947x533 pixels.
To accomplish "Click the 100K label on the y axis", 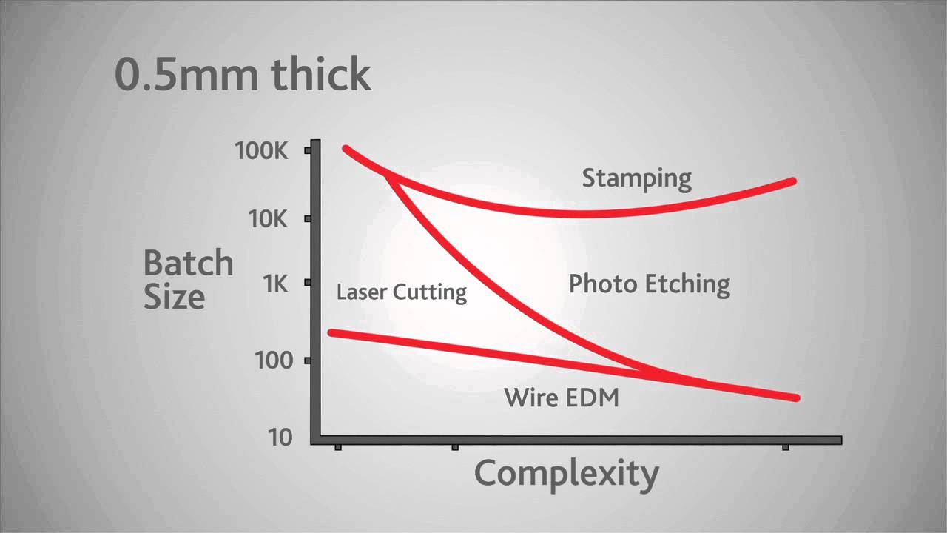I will (260, 151).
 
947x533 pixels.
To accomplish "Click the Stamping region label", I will (636, 178).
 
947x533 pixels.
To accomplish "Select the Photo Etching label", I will (649, 284).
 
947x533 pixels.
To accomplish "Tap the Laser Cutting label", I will (401, 292).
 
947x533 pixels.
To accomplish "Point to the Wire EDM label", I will (562, 398).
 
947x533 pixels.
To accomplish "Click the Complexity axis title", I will (566, 473).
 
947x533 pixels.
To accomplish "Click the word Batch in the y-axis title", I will (188, 263).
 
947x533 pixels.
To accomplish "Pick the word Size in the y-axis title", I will (174, 297).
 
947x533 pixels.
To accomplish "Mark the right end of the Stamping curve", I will (792, 181).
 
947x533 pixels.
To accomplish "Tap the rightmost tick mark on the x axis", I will (786, 446).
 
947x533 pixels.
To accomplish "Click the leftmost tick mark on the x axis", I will (338, 446).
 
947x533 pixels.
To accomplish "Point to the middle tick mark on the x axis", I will (455, 446).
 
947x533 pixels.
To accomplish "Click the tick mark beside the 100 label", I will (307, 361).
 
